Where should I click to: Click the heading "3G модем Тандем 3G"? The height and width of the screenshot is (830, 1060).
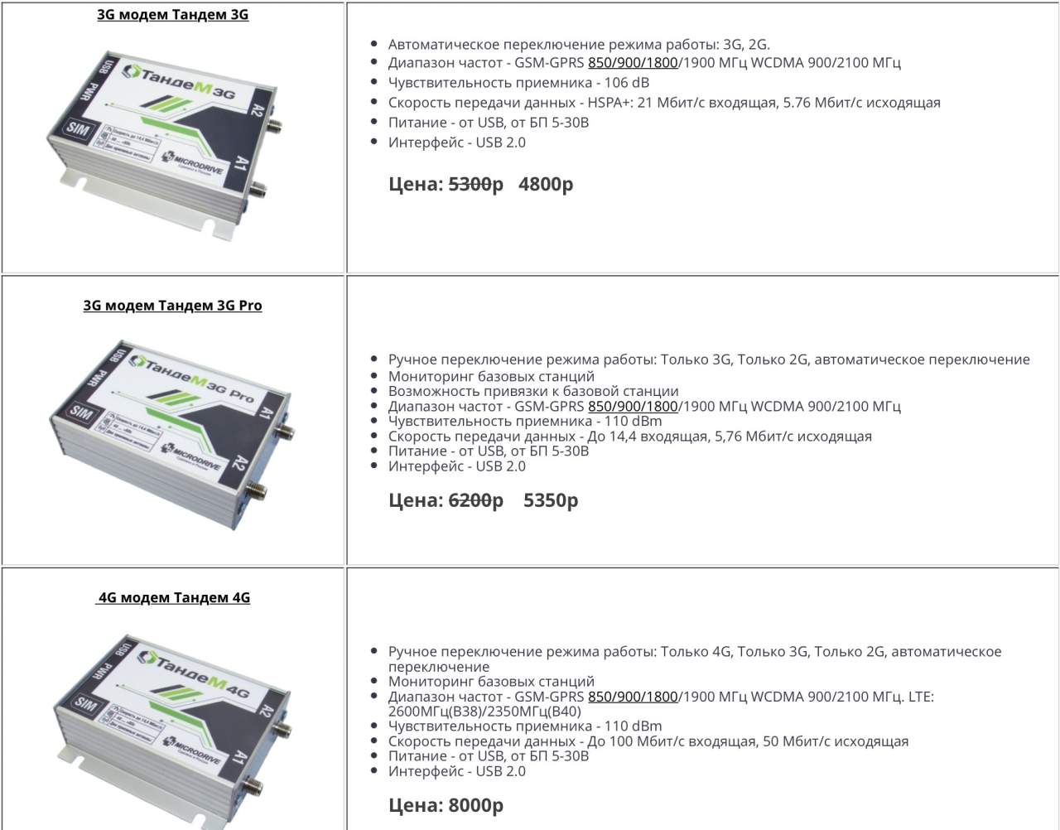coord(173,15)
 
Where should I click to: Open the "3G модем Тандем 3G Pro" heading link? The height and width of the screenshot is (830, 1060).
coord(173,306)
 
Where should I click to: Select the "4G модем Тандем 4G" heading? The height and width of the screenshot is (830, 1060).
coord(173,597)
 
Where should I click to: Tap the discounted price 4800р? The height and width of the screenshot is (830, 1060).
coord(546,185)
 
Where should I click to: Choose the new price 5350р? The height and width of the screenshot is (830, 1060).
coord(551,500)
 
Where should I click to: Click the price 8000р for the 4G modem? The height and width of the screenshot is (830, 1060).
coord(475,805)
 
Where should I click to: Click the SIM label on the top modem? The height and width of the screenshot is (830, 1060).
coord(78,129)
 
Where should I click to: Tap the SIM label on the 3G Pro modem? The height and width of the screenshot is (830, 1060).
coord(81,413)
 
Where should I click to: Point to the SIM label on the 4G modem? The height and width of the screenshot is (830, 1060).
coord(84,703)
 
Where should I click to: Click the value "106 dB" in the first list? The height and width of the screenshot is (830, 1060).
coord(626,83)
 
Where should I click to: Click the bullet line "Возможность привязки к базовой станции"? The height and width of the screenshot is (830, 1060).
coord(533,391)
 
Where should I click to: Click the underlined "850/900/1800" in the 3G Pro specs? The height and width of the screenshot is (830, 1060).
coord(633,407)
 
